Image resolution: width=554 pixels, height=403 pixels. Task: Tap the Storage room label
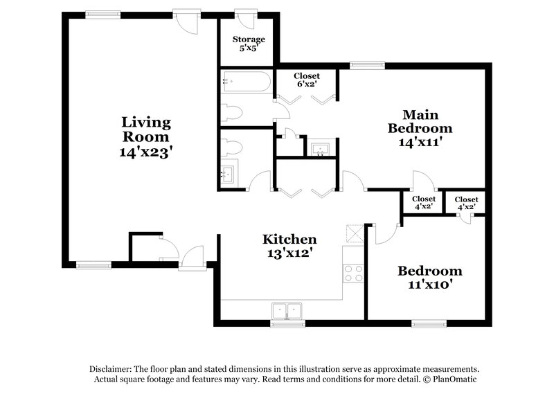[248, 39]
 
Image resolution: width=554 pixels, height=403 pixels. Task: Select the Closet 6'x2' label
[306, 76]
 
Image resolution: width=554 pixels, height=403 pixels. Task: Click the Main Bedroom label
[420, 121]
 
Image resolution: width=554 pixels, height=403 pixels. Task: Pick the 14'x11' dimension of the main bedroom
[420, 143]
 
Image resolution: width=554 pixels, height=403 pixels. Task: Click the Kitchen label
[289, 240]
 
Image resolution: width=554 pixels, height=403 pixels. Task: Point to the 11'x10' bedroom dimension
[429, 285]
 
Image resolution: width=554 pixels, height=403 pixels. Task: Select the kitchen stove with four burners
[354, 273]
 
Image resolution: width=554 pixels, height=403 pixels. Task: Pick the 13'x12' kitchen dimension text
[289, 253]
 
